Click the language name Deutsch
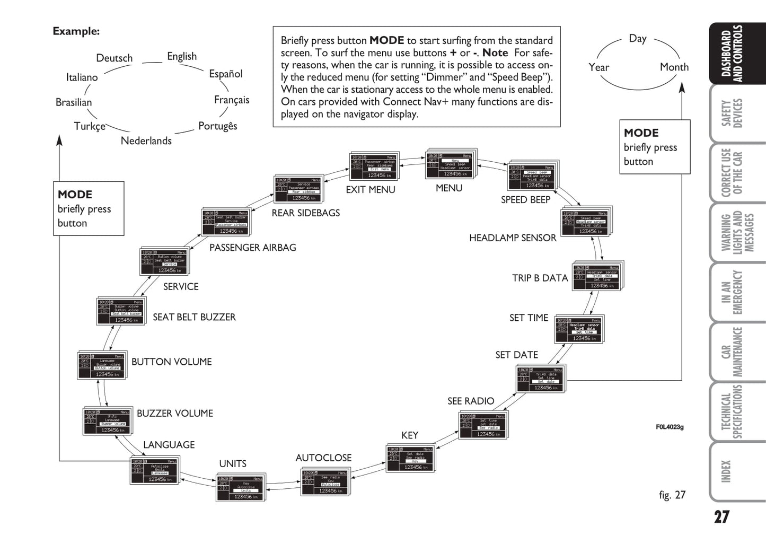pos(114,58)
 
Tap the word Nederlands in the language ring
pos(146,141)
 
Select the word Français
pos(232,100)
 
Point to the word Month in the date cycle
pos(674,67)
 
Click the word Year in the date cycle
pos(598,67)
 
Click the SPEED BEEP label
pos(525,199)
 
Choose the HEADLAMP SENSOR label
pos(513,238)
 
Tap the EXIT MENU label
pos(371,189)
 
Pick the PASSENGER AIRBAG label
pos(252,247)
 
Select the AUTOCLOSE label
pos(323,458)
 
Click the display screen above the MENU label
pos(451,165)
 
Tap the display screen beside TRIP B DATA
pos(597,276)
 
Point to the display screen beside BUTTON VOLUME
pos(101,365)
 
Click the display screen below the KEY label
pos(410,458)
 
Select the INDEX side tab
pos(726,471)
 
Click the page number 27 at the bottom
pos(721,517)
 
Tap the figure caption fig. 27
pos(672,495)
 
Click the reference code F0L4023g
pos(670,427)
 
